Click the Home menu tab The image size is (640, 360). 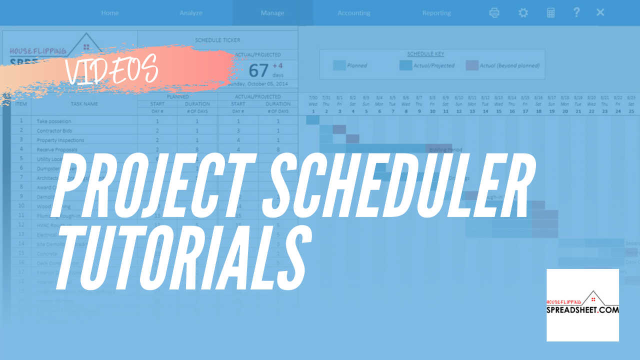110,13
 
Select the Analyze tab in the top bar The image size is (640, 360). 191,13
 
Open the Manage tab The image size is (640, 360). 272,13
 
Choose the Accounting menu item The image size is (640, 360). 354,13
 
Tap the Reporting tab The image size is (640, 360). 436,13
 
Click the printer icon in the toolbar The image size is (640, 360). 494,13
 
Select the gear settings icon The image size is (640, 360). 523,13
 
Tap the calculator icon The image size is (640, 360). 550,13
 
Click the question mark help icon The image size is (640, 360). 576,12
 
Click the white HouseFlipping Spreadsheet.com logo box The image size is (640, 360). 582,305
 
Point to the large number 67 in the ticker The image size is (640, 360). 259,70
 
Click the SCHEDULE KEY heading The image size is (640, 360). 425,54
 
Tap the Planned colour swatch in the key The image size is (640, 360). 339,65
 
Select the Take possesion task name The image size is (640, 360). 54,121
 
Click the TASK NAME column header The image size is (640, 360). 84,104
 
